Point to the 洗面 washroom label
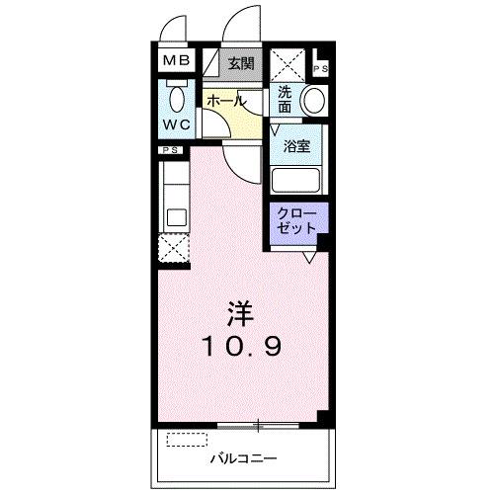(285, 99)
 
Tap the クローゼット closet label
(295, 220)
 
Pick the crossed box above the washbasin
(289, 64)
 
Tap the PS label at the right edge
(322, 67)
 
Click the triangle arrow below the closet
(310, 255)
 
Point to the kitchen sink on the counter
(176, 216)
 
